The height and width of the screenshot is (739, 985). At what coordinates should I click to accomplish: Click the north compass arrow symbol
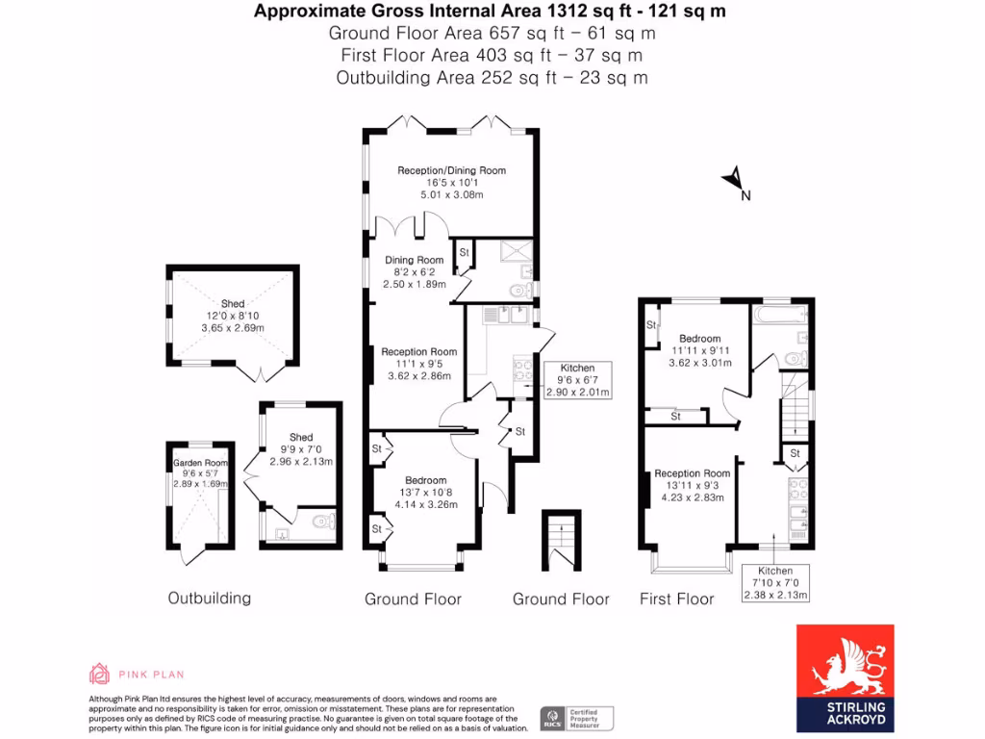[734, 178]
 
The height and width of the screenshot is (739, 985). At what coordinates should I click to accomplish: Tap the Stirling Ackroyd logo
[845, 678]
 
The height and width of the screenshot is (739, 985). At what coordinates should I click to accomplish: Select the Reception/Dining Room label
[451, 170]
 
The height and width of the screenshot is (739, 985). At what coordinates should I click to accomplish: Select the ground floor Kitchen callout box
[577, 380]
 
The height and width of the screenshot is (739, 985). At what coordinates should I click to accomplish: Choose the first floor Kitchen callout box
[775, 583]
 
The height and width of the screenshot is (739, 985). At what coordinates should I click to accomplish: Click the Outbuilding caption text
[209, 598]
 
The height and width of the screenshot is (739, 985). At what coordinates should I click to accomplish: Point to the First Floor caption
[676, 599]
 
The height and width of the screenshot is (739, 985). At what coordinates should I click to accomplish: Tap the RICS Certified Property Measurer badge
[576, 718]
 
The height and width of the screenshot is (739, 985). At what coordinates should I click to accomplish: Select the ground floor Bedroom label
[425, 480]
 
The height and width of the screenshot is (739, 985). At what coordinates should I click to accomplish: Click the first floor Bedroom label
[699, 339]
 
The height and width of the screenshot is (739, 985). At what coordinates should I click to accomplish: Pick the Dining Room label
[415, 260]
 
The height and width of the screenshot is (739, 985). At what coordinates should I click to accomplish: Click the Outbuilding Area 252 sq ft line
[492, 78]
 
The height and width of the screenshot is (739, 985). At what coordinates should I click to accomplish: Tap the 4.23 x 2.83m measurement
[692, 497]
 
